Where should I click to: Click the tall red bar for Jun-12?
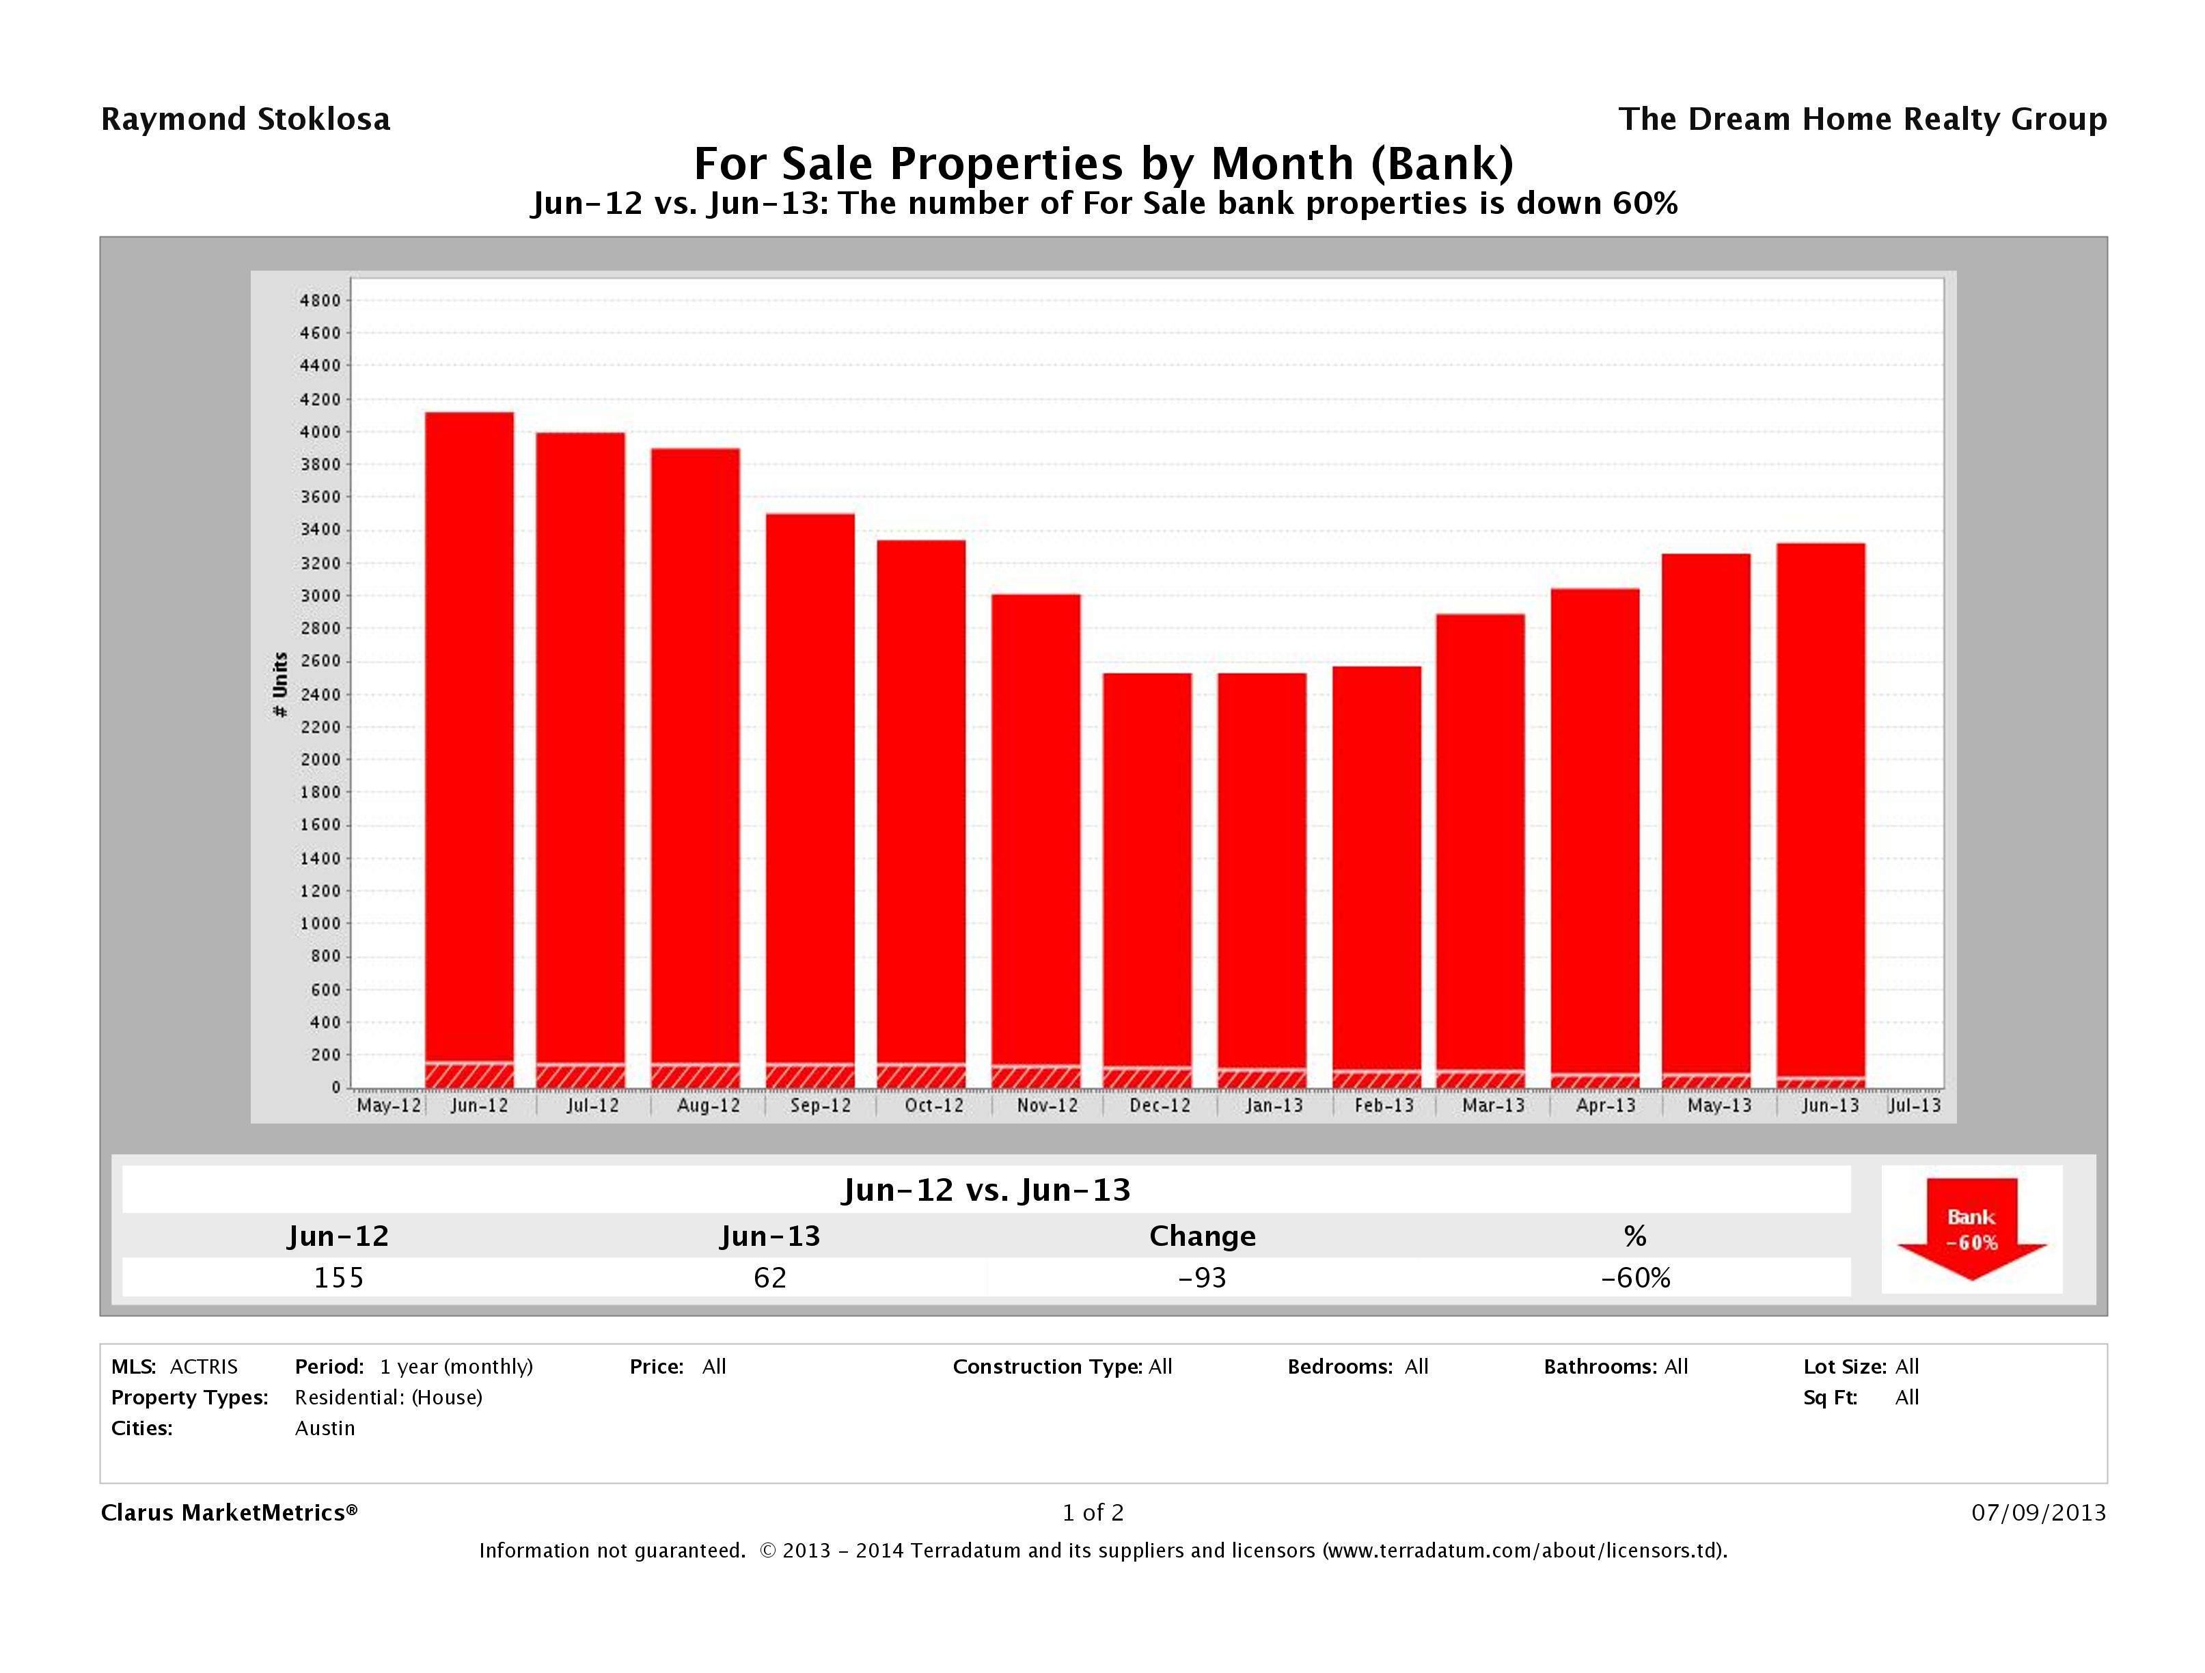tap(469, 738)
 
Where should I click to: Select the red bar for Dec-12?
tap(1147, 867)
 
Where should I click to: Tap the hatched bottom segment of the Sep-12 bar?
tap(810, 1076)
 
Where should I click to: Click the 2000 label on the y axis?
tap(320, 760)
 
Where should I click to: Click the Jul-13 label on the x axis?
tap(1914, 1106)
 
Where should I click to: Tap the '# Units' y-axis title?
tap(280, 684)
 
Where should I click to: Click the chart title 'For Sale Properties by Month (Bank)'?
tap(1103, 163)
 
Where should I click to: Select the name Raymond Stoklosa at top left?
tap(245, 120)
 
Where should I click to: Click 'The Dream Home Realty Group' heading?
tap(1862, 120)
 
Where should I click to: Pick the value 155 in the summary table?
tap(339, 1277)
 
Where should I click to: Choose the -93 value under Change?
tap(1202, 1277)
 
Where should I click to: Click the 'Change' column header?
tap(1202, 1236)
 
